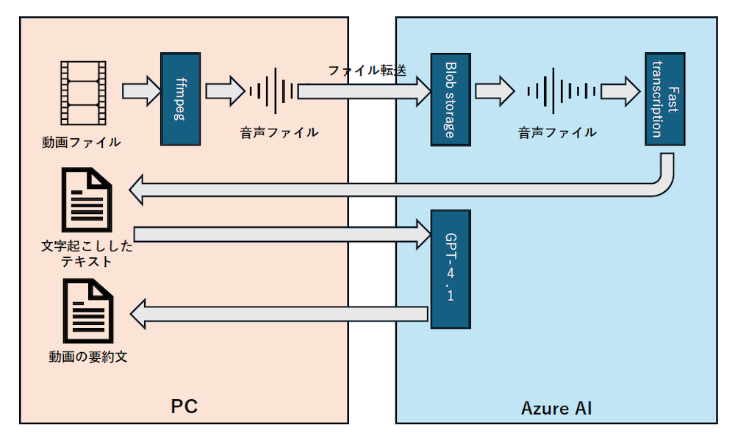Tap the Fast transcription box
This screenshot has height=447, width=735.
coord(665,99)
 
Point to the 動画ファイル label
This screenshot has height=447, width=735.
coord(81,142)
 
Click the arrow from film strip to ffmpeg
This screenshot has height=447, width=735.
coord(140,91)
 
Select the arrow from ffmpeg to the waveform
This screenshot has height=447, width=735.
coord(224,91)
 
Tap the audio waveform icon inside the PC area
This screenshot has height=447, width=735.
coord(273,91)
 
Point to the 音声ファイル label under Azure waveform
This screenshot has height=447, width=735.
coord(556,132)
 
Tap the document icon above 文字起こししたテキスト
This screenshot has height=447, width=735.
coord(87,199)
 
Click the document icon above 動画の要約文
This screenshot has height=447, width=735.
coord(87,311)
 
